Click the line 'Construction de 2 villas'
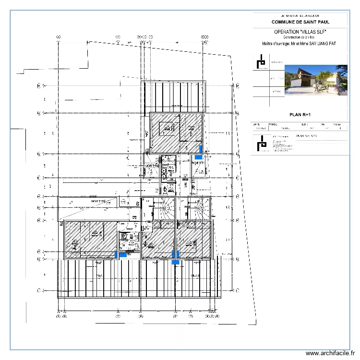pos(299,37)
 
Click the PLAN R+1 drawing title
pos(300,115)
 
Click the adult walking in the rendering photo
pos(328,88)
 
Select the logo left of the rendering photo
pos(261,62)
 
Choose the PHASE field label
pos(273,124)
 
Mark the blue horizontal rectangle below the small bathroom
pos(124,255)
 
